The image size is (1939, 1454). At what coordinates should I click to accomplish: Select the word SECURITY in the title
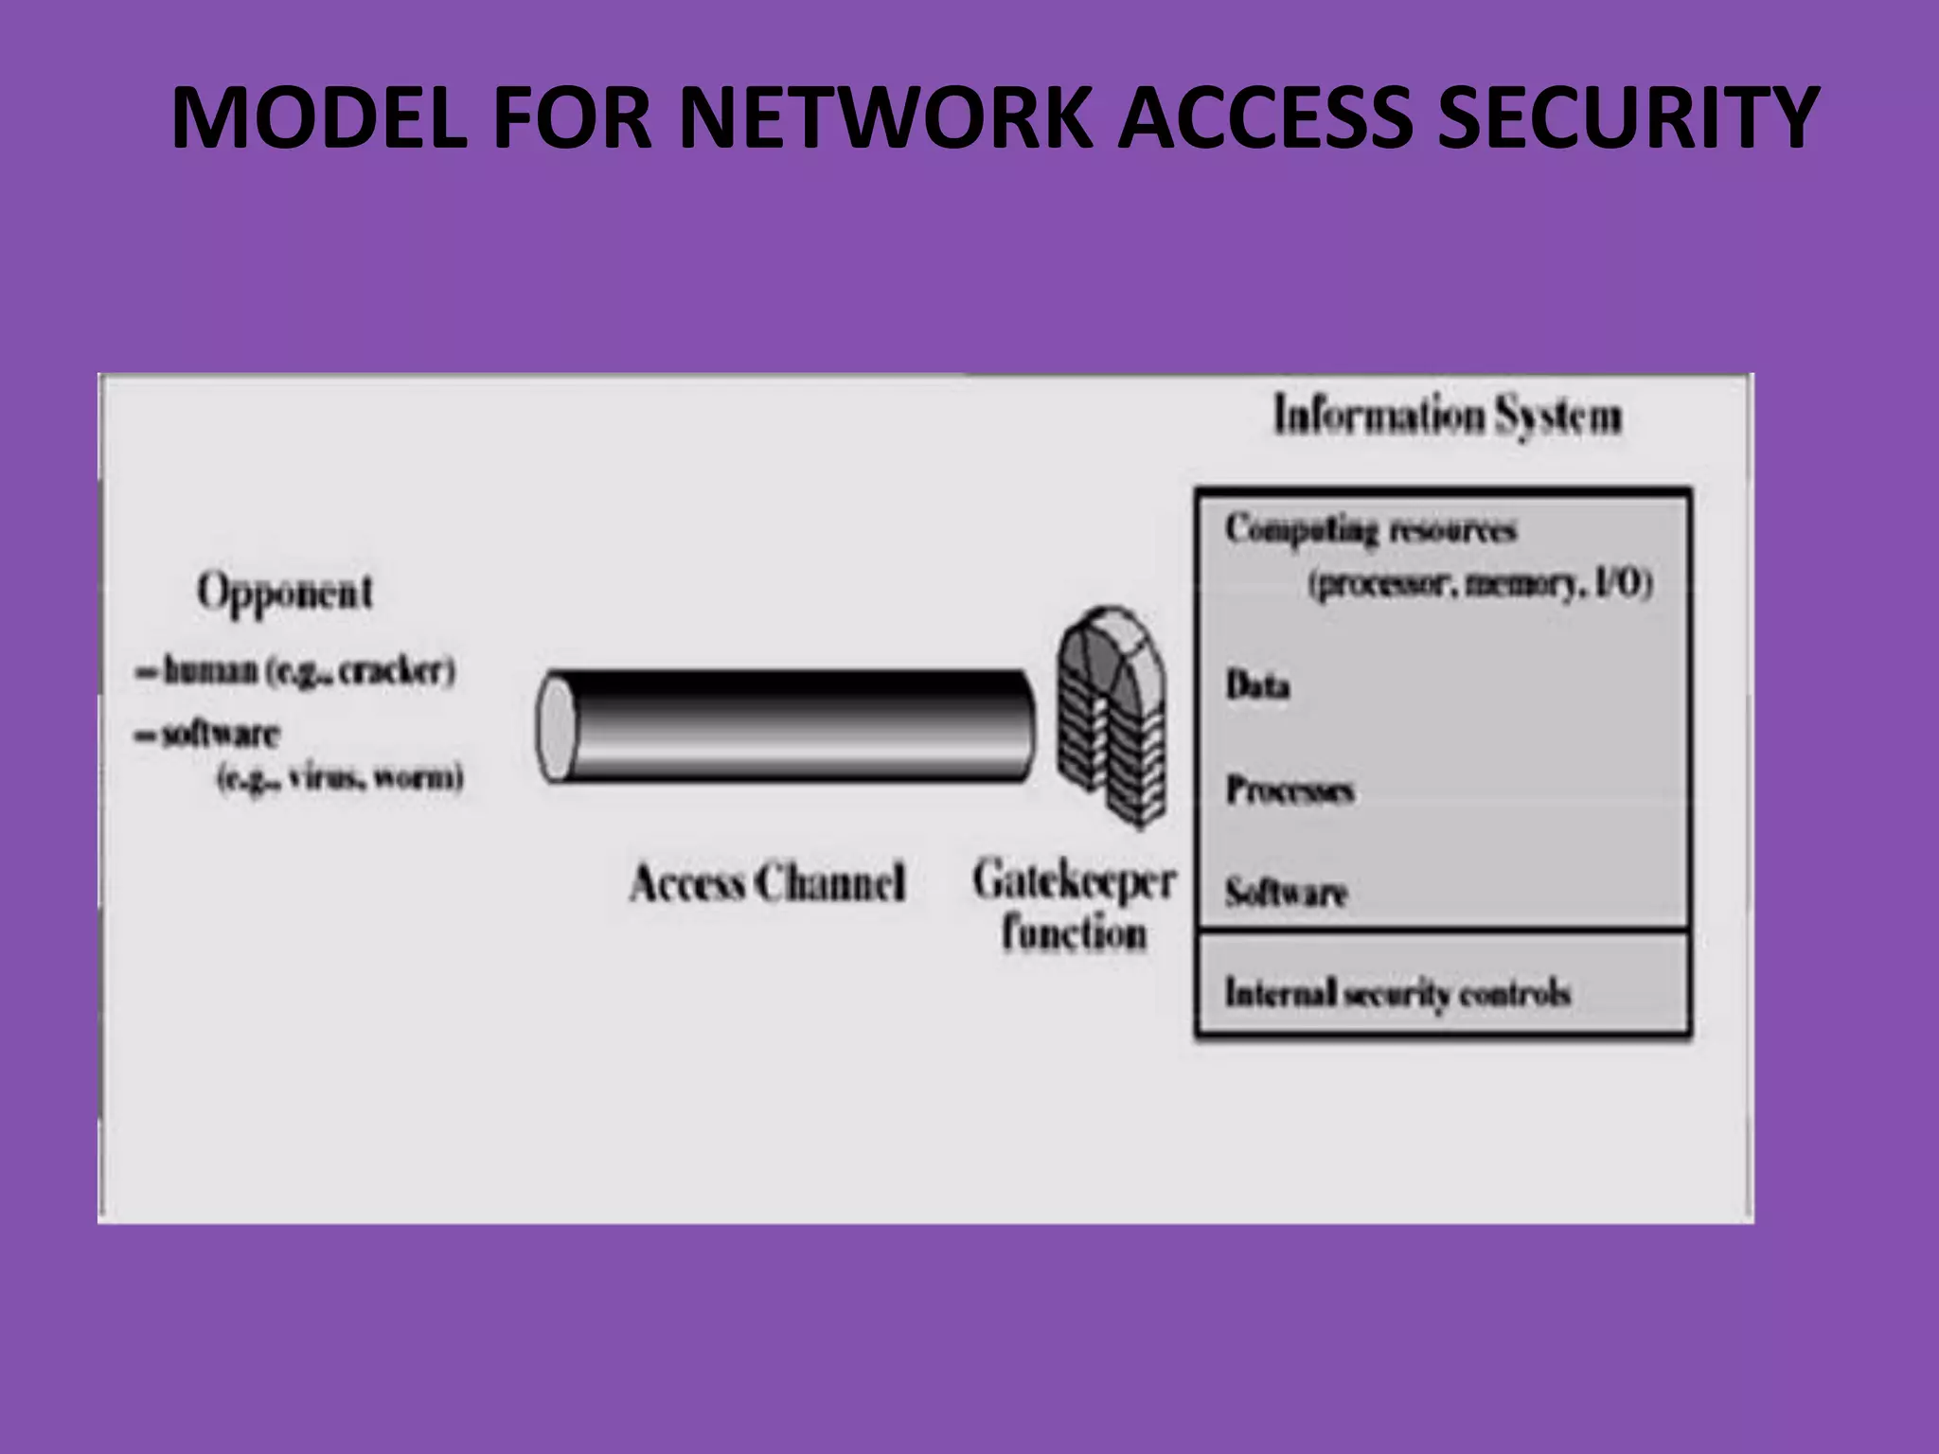1628,117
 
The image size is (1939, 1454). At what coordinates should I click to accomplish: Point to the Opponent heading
284,594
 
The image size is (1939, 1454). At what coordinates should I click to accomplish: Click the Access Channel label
767,883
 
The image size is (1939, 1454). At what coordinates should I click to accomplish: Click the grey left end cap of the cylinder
555,727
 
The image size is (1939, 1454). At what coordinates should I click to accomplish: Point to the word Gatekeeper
1074,881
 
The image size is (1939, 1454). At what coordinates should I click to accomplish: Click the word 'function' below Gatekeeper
1074,933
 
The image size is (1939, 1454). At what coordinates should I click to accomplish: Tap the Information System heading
1447,417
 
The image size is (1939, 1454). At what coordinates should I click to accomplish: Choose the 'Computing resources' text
1370,529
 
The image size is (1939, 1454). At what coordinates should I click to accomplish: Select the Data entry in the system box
1257,684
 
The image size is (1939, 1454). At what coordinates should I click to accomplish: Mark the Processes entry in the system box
1290,789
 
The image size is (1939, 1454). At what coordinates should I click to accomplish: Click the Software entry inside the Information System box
1286,892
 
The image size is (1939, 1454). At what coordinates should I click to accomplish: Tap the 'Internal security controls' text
1397,993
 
